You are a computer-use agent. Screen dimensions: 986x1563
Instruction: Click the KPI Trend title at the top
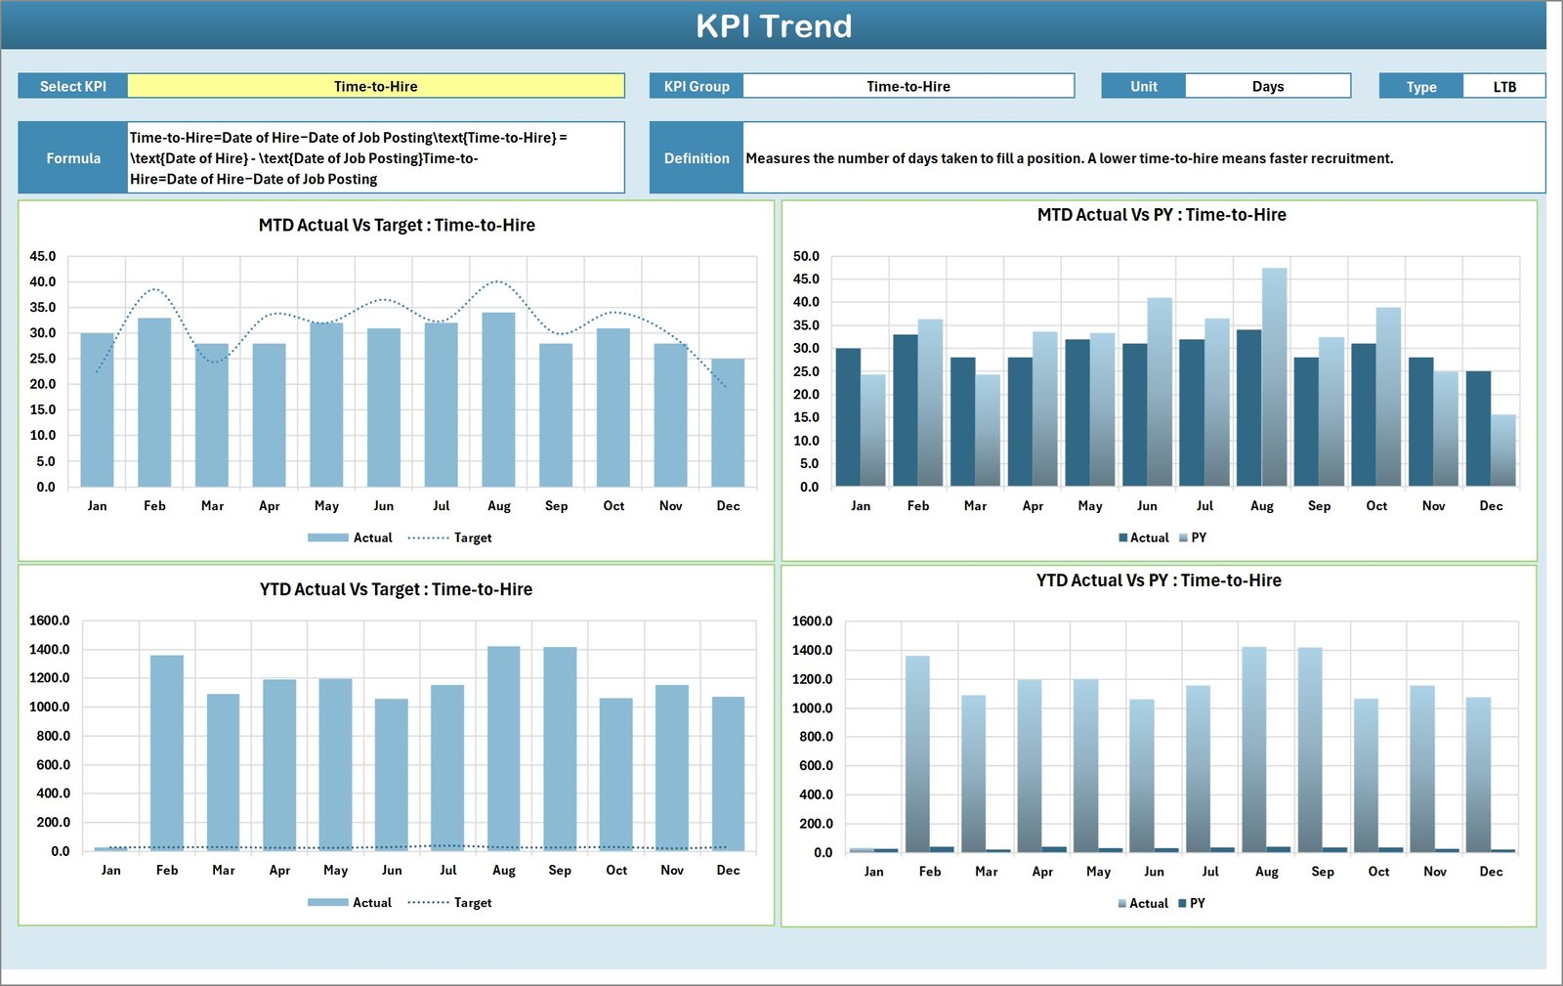coord(773,26)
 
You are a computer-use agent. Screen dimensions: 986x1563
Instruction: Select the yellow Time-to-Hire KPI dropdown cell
coord(375,86)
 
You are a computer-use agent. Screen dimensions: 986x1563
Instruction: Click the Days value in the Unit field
coord(1267,86)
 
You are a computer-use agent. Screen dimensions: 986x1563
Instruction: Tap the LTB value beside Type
coord(1503,86)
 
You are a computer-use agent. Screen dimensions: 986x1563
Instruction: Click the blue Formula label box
coord(73,157)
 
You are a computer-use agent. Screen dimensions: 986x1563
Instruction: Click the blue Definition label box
coord(697,157)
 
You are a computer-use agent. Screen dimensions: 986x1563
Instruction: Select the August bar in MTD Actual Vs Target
coord(498,401)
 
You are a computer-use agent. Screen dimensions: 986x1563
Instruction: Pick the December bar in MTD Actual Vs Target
coord(728,423)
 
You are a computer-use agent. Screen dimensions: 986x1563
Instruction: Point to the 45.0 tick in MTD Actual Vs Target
coord(43,256)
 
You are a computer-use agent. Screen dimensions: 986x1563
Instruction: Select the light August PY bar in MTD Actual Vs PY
coord(1274,376)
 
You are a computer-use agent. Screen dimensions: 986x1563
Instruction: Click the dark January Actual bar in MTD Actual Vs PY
coord(848,417)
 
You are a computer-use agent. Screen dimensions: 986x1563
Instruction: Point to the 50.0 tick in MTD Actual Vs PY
coord(806,256)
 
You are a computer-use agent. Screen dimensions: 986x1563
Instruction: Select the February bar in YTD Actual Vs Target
coord(167,752)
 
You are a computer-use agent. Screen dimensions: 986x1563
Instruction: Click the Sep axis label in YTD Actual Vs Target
coord(560,870)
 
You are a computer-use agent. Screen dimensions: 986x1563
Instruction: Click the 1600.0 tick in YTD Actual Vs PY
coord(812,621)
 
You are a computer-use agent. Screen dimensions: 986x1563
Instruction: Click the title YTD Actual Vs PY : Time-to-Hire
coord(1159,580)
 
